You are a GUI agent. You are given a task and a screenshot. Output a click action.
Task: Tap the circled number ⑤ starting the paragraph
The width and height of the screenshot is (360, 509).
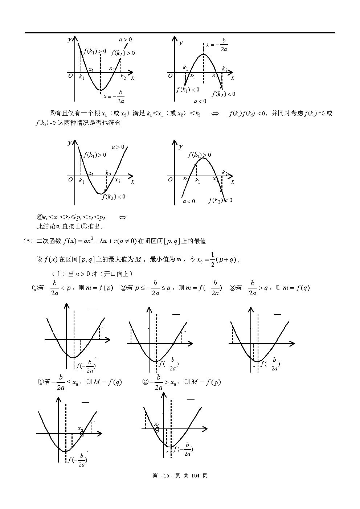click(53, 113)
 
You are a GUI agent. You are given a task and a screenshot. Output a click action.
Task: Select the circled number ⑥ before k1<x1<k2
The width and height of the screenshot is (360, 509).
click(40, 218)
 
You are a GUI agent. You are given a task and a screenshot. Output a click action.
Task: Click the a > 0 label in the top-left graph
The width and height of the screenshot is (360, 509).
click(125, 40)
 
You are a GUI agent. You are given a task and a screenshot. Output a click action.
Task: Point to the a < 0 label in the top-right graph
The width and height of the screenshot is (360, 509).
click(200, 102)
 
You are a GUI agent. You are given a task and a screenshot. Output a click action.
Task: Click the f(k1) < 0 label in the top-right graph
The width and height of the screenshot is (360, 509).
click(188, 90)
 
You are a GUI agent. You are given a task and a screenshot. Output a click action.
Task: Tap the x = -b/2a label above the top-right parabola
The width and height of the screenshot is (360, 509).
click(217, 45)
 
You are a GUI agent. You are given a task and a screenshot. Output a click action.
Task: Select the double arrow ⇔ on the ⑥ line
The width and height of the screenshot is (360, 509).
click(122, 218)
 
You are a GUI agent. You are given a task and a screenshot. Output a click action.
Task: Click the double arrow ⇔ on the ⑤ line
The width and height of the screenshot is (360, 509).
click(215, 114)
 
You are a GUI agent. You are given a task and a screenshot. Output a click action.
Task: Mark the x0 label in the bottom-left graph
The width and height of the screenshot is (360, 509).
click(80, 428)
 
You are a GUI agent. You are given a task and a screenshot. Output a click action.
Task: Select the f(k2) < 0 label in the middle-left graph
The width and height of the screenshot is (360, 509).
click(114, 197)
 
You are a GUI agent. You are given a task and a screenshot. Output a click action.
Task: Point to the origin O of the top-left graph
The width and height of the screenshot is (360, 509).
click(70, 76)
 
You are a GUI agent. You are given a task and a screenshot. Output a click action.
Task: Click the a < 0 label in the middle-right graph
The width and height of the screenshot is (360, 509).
click(189, 201)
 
